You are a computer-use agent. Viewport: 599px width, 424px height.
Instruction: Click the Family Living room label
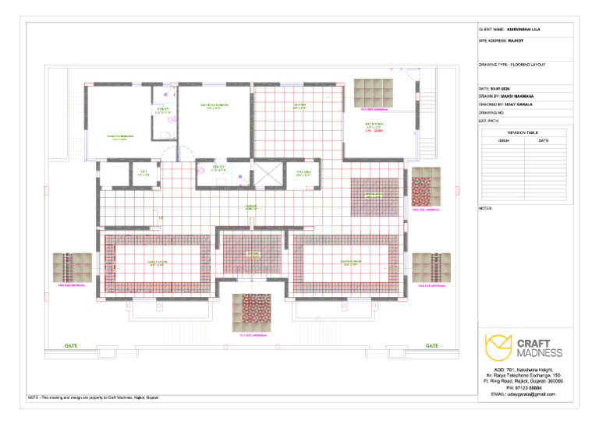(x=156, y=264)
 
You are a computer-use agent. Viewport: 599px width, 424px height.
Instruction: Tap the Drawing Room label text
(x=350, y=264)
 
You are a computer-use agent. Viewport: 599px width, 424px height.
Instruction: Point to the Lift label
(x=144, y=173)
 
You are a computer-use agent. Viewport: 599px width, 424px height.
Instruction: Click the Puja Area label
(x=303, y=174)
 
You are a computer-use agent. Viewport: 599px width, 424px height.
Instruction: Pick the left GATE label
(x=71, y=345)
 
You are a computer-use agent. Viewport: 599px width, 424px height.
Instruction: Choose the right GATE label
(x=431, y=345)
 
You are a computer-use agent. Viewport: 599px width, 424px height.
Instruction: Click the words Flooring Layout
(x=530, y=65)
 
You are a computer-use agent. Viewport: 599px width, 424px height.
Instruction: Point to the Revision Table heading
(x=525, y=133)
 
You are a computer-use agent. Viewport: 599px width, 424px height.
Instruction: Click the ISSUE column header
(x=503, y=140)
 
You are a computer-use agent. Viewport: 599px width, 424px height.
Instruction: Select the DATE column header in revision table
(x=544, y=140)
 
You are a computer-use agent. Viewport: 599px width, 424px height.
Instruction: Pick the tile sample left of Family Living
(x=72, y=268)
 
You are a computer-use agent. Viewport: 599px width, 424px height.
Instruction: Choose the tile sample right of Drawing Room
(x=431, y=268)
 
